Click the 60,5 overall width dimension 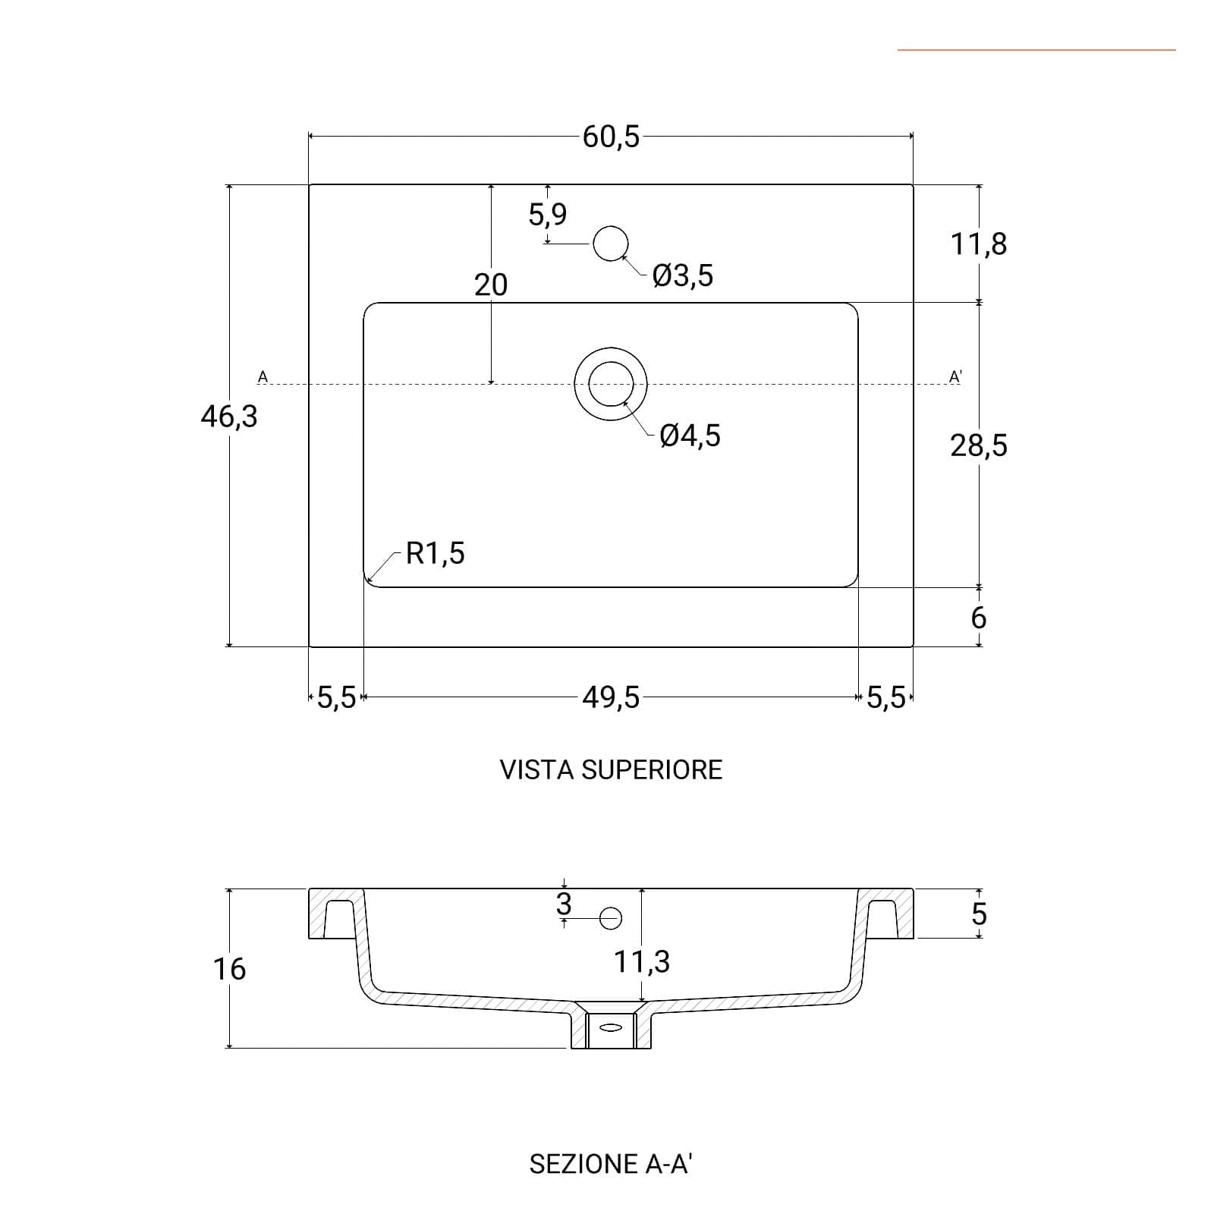[x=611, y=137]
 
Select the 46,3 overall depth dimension [x=229, y=417]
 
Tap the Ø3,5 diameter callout [x=683, y=275]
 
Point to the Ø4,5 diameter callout [x=690, y=436]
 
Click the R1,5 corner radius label [x=436, y=553]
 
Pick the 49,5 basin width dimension [x=611, y=697]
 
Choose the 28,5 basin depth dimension [x=979, y=445]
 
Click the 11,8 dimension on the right [x=979, y=244]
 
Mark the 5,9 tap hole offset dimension [x=548, y=215]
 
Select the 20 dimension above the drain [x=490, y=285]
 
